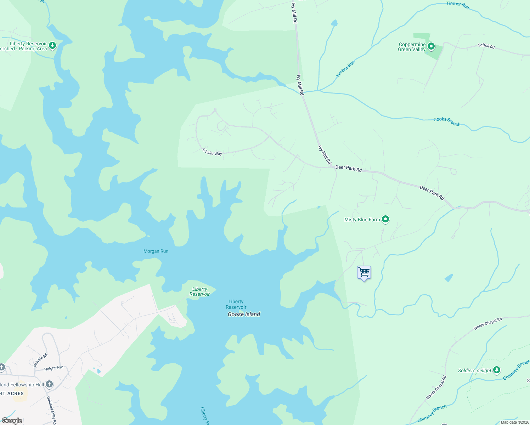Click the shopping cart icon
click(364, 273)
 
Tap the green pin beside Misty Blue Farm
click(385, 220)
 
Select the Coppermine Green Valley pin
click(431, 46)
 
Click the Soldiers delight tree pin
click(497, 370)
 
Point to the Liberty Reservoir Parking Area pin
click(52, 45)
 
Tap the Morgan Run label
click(156, 251)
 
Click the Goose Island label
click(244, 314)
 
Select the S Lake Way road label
click(212, 152)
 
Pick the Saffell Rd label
click(486, 46)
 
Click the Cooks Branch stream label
click(447, 121)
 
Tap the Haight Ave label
click(54, 368)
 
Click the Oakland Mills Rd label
click(52, 410)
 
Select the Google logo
click(12, 421)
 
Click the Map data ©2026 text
click(515, 422)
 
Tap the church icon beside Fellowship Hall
click(49, 384)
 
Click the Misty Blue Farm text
click(362, 220)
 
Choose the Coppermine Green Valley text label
click(412, 47)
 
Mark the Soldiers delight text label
click(474, 370)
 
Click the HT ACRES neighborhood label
click(12, 393)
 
